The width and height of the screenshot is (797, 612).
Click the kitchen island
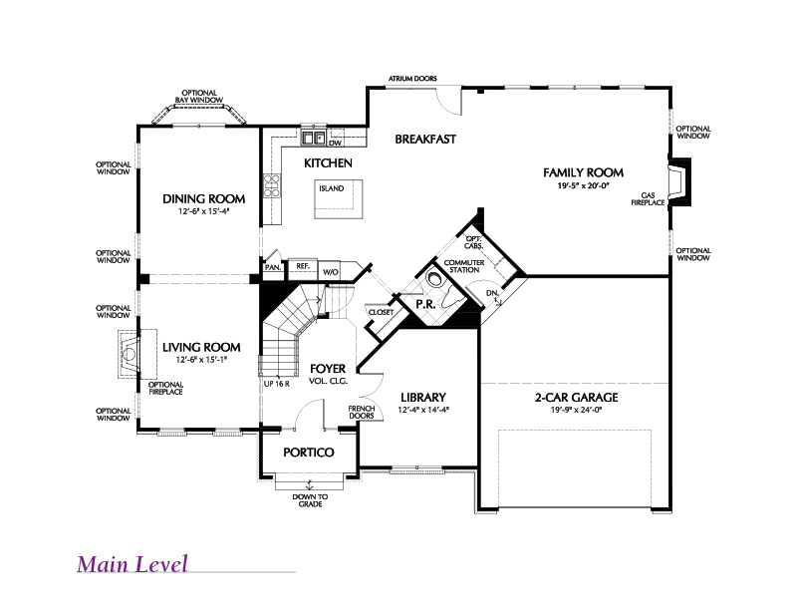(338, 199)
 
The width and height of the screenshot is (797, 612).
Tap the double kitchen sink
(313, 138)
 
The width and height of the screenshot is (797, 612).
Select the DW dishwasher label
(335, 143)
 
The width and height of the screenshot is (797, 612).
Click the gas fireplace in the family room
(680, 181)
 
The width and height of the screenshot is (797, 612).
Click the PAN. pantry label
(273, 267)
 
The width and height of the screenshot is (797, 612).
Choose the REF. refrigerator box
(303, 269)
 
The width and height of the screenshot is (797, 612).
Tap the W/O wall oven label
(331, 272)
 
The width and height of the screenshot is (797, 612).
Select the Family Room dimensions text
(583, 185)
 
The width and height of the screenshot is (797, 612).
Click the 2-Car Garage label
(577, 398)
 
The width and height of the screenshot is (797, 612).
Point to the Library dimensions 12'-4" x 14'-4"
(423, 409)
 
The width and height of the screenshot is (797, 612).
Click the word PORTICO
(309, 453)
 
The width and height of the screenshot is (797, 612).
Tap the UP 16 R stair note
(277, 384)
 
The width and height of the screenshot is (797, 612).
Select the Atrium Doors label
(412, 79)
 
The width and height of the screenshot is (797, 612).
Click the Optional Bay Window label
(199, 96)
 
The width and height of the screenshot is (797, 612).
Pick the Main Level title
(133, 564)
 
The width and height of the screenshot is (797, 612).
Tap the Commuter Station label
(464, 266)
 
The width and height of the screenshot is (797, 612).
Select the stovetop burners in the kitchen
(271, 185)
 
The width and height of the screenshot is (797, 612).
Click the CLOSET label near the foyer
(381, 312)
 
